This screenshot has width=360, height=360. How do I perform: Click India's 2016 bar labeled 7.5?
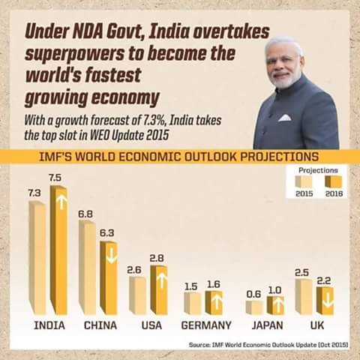[58, 251]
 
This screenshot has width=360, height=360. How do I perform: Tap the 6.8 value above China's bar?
[85, 214]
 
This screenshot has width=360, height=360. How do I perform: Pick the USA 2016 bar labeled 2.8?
[157, 289]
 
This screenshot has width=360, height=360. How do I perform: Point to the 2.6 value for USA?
[135, 269]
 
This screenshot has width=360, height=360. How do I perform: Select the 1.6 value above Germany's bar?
[213, 285]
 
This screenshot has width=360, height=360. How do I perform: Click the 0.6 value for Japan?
[253, 294]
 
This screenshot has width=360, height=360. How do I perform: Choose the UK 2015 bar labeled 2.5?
[303, 296]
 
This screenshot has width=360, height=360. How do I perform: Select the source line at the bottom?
[268, 345]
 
